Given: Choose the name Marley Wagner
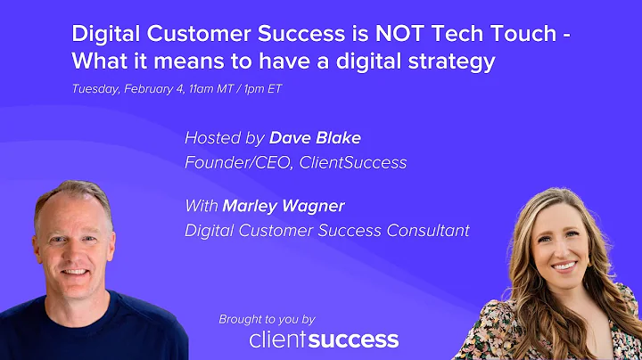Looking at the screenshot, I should [284, 207].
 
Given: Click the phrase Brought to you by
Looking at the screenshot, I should [267, 319].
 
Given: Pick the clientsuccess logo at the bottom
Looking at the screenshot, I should [324, 340].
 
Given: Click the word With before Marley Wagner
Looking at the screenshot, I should [202, 207].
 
